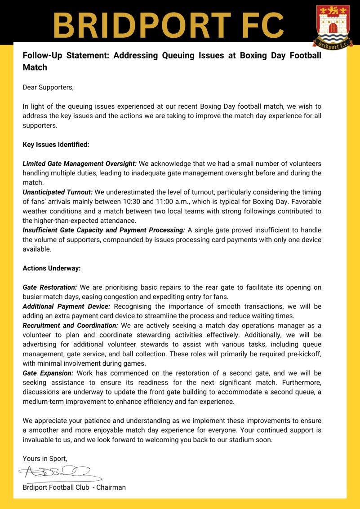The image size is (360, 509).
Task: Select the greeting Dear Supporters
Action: [x=48, y=87]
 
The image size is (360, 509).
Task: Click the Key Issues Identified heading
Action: [x=56, y=145]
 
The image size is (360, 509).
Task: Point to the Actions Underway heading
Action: [x=51, y=268]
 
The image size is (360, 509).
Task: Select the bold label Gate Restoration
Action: [x=50, y=287]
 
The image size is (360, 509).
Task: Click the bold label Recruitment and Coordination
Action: [x=71, y=325]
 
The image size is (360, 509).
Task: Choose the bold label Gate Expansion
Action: [x=49, y=373]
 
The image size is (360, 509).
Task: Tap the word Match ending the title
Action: [x=35, y=67]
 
